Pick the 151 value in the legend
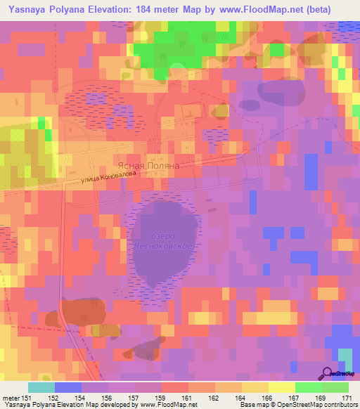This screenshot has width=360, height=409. coord(26,398)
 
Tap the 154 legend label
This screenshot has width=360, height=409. coord(82,398)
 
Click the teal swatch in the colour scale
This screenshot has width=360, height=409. coord(41,387)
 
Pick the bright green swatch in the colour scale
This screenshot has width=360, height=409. coord(308,387)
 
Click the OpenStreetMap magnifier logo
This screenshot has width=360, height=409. coord(328,375)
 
